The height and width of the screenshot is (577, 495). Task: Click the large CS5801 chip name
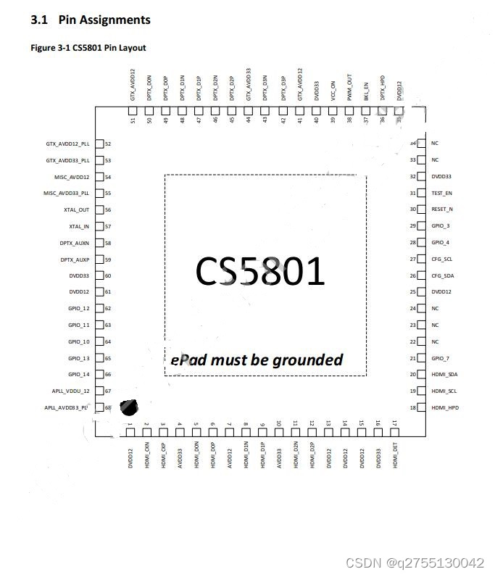click(259, 271)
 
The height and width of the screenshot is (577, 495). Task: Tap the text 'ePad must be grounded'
click(257, 360)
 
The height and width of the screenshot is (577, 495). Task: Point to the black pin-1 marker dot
click(128, 408)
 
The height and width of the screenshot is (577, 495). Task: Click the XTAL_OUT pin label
click(76, 209)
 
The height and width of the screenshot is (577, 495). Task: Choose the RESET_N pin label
click(442, 209)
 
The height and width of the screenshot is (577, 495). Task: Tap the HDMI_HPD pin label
click(444, 407)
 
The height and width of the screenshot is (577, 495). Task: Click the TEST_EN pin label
click(441, 193)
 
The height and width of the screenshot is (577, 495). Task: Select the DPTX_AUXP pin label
click(75, 260)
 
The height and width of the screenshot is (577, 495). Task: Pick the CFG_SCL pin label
click(441, 259)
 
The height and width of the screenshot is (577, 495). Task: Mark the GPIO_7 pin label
click(440, 358)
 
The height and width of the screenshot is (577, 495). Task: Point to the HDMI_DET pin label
click(395, 456)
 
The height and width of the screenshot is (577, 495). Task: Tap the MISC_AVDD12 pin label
click(72, 177)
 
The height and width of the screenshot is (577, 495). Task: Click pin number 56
click(108, 209)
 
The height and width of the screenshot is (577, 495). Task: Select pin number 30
click(412, 209)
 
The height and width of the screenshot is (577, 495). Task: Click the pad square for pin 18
click(423, 407)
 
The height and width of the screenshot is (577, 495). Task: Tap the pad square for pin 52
click(99, 144)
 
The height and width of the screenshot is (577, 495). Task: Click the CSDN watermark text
click(415, 563)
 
